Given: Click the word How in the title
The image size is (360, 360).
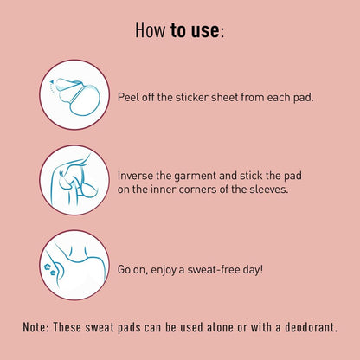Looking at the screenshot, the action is pyautogui.click(x=151, y=29).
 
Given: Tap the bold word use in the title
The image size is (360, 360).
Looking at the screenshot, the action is pyautogui.click(x=205, y=30).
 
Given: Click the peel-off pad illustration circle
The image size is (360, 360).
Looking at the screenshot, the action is pyautogui.click(x=74, y=95).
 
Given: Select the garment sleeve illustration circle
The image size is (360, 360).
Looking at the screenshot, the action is pyautogui.click(x=74, y=180).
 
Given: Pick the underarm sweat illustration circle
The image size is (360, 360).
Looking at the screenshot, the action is pyautogui.click(x=74, y=265).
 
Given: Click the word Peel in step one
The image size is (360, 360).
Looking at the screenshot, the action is pyautogui.click(x=128, y=97).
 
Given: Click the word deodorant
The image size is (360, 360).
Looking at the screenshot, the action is pyautogui.click(x=311, y=327).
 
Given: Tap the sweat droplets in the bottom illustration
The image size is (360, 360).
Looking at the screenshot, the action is pyautogui.click(x=49, y=269).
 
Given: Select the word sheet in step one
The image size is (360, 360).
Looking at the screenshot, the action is pyautogui.click(x=225, y=97).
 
